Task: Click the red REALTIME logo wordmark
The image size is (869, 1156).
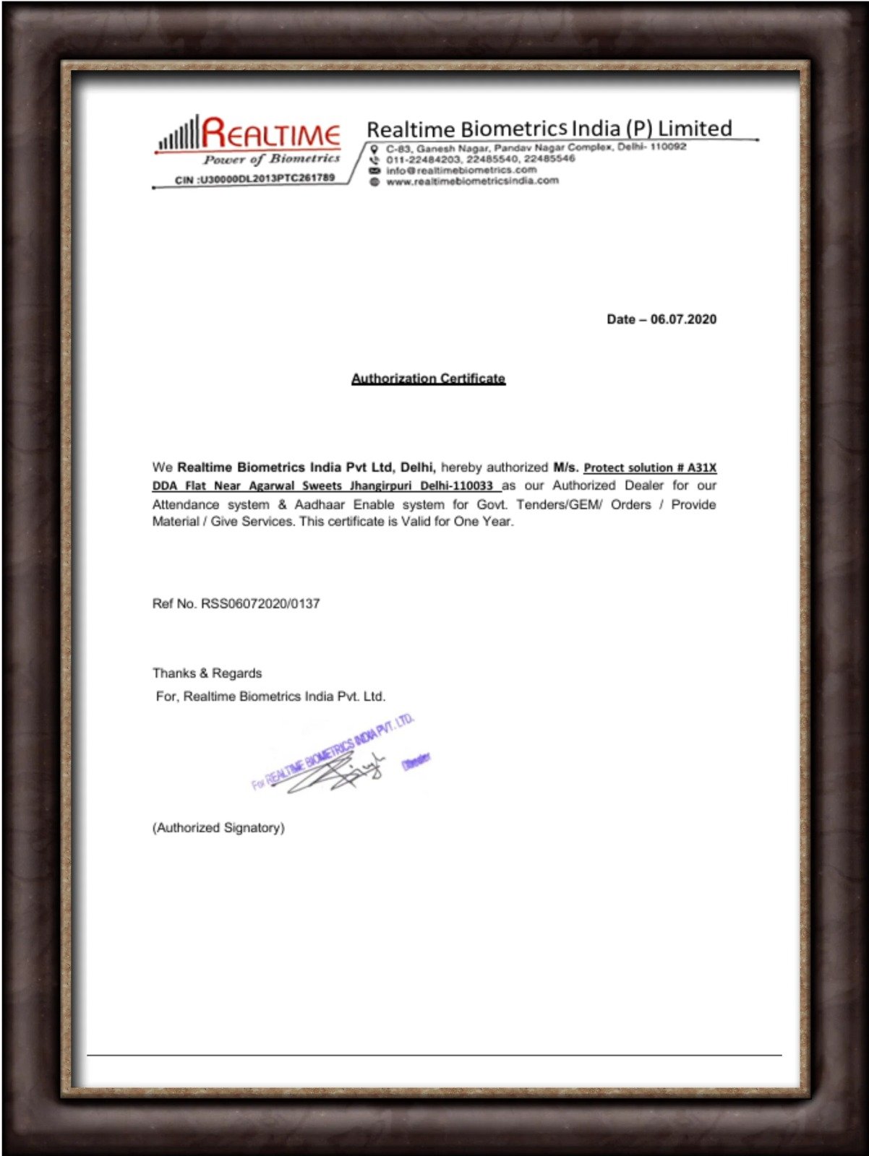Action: (270, 134)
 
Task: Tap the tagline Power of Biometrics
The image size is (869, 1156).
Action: (271, 159)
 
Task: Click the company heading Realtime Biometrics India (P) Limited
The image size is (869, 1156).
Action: (549, 129)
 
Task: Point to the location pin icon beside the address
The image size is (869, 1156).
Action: (374, 149)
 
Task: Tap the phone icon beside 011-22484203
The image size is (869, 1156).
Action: (374, 160)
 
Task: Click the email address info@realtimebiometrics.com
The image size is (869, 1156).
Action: (461, 171)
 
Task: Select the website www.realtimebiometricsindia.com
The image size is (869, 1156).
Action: (472, 181)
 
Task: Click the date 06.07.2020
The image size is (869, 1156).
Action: (683, 319)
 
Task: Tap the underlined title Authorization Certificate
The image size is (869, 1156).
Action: (428, 379)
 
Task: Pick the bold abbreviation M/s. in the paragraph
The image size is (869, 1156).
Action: (565, 467)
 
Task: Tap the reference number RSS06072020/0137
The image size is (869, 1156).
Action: (260, 604)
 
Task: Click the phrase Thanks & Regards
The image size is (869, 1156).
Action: (207, 673)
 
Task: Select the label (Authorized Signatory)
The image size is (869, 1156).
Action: (218, 828)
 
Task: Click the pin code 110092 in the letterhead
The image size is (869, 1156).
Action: (667, 147)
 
